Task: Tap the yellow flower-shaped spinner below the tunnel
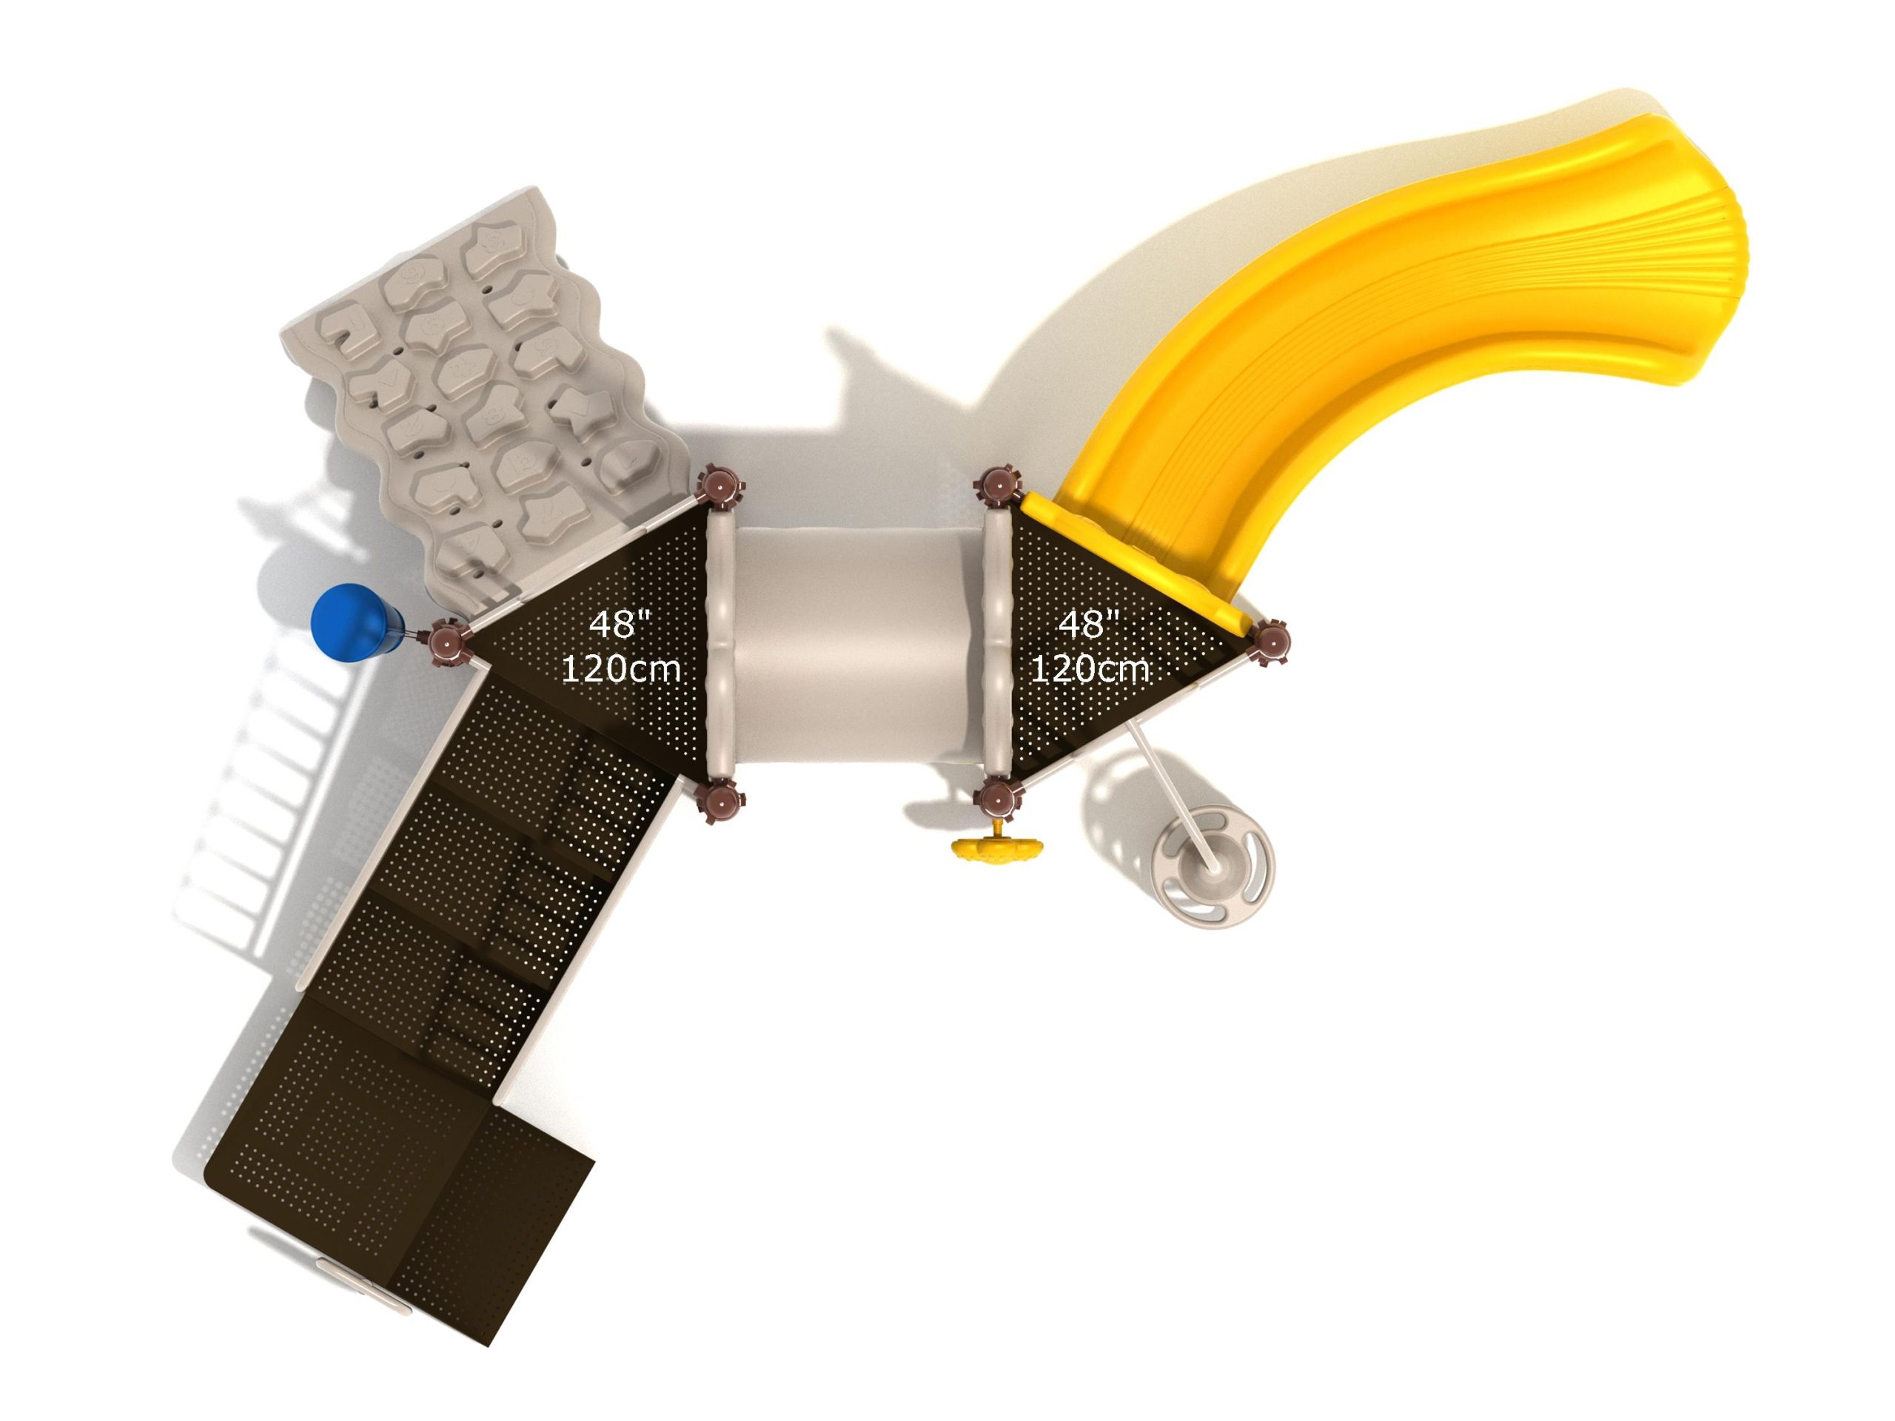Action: [x=998, y=848]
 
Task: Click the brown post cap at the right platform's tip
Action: [x=1267, y=641]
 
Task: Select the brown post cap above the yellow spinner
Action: [x=998, y=799]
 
